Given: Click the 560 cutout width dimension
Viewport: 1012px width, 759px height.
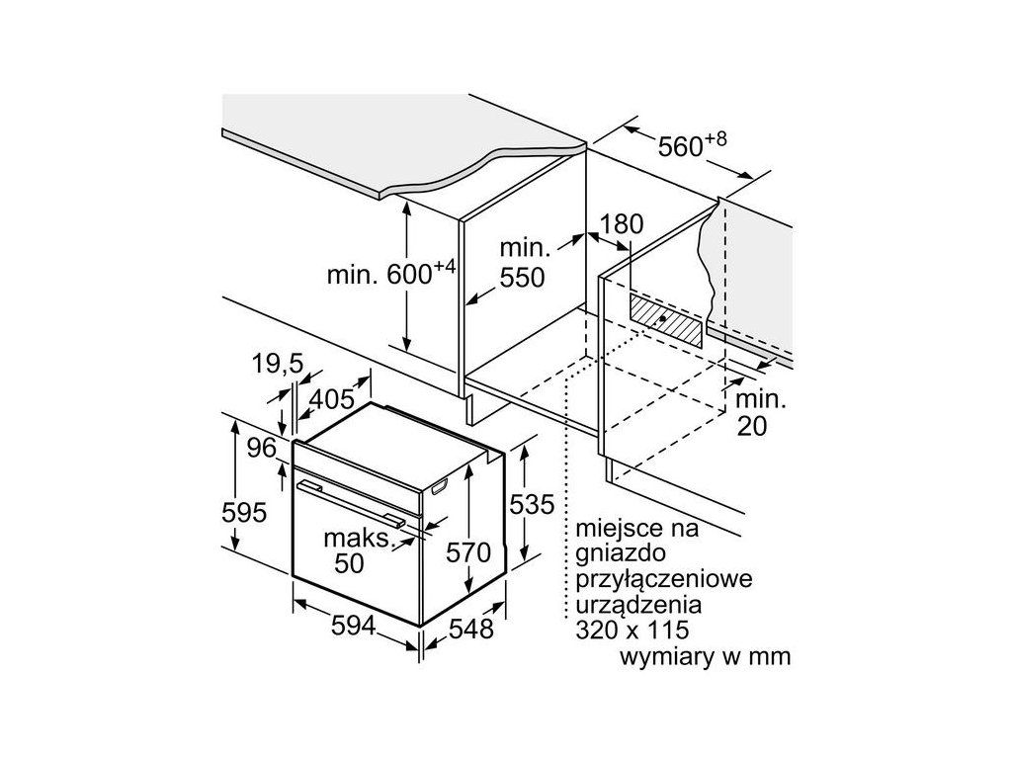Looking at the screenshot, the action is click(x=692, y=145).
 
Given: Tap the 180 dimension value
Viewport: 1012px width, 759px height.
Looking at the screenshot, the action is click(x=622, y=224).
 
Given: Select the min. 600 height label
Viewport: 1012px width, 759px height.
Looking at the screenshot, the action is click(x=391, y=273).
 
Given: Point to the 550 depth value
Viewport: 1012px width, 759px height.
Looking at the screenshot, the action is click(x=522, y=278).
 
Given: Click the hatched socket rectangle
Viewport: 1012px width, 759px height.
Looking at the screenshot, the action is click(x=666, y=319).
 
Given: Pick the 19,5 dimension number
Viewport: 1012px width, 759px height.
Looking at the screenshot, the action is click(x=278, y=364).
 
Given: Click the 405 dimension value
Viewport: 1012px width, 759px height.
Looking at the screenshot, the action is click(x=332, y=399).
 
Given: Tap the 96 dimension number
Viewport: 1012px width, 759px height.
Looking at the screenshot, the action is click(x=262, y=448).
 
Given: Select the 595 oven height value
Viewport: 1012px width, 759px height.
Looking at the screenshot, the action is click(x=244, y=513).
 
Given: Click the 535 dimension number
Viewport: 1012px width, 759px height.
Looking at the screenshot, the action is click(x=532, y=504).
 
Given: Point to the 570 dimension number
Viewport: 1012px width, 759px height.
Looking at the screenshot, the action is click(x=468, y=552).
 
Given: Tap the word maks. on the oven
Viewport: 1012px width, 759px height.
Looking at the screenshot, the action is click(x=359, y=538).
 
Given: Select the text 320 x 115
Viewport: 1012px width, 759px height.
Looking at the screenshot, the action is click(x=632, y=630).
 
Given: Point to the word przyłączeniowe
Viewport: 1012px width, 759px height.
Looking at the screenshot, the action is click(x=663, y=579).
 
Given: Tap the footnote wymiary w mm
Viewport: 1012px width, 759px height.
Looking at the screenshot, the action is click(x=705, y=656).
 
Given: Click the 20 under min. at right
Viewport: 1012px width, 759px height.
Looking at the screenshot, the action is click(x=752, y=427).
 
